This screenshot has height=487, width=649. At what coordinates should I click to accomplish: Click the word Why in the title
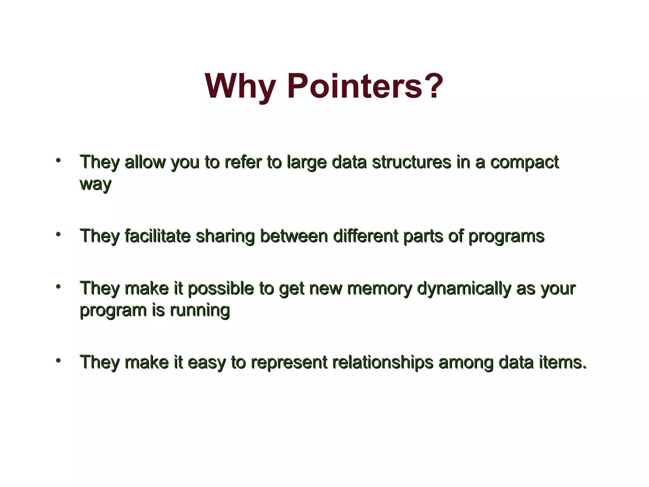pos(240,86)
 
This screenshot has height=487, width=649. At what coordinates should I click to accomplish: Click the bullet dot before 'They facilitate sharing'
pos(58,234)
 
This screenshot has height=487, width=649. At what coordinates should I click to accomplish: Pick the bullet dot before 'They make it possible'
pos(58,287)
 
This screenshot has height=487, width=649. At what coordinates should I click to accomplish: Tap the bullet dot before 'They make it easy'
pos(58,360)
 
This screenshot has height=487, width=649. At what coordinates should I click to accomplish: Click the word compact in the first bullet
pos(524,163)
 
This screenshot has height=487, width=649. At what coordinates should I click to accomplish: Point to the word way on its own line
pos(95,184)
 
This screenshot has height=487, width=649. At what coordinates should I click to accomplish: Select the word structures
pos(411,162)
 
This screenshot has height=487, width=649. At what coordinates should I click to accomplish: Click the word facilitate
pos(157,236)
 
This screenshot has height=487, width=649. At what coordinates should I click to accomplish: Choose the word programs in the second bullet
pos(506,237)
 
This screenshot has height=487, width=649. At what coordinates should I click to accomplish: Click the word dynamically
pos(464,289)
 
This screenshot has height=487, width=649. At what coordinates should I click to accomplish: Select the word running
pos(200,310)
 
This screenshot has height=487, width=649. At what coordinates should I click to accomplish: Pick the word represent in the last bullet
pos(289,363)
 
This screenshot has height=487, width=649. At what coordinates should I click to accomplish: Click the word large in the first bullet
pos(306,163)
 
